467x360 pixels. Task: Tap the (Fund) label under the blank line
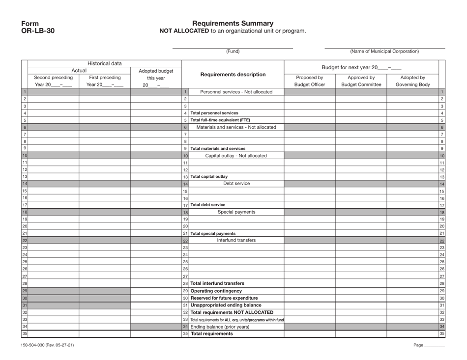(x=233, y=51)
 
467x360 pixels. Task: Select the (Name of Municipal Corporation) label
(x=384, y=51)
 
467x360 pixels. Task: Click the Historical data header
(x=105, y=63)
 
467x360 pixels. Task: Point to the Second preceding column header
(x=54, y=77)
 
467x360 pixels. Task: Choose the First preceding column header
(x=104, y=77)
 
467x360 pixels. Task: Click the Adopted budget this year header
(x=156, y=78)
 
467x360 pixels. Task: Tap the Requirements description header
(x=233, y=75)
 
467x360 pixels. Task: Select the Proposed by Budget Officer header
(x=310, y=81)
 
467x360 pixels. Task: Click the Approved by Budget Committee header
(x=361, y=81)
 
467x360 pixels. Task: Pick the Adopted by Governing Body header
(x=412, y=81)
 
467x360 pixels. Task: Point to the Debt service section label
(x=236, y=184)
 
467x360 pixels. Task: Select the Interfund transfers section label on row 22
(x=236, y=240)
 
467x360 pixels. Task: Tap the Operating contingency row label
(x=216, y=291)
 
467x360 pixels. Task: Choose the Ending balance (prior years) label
(x=220, y=327)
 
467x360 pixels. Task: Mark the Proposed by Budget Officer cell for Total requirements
(x=310, y=334)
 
